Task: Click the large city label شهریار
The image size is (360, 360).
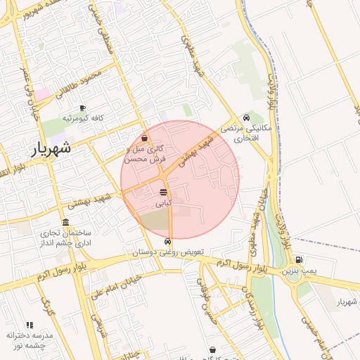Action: click(51, 148)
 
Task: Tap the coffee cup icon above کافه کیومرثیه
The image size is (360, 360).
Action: click(83, 108)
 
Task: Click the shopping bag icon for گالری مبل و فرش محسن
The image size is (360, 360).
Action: click(145, 139)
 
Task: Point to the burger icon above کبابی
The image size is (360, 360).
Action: click(163, 192)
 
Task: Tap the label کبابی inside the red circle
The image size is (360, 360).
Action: click(163, 202)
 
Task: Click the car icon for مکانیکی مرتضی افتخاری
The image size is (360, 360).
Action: click(246, 117)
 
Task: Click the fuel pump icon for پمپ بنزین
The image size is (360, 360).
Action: click(300, 259)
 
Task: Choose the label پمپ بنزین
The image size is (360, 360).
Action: click(296, 270)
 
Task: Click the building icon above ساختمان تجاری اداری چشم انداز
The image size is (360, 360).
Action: click(66, 222)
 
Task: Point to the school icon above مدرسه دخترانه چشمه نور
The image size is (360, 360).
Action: click(30, 325)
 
